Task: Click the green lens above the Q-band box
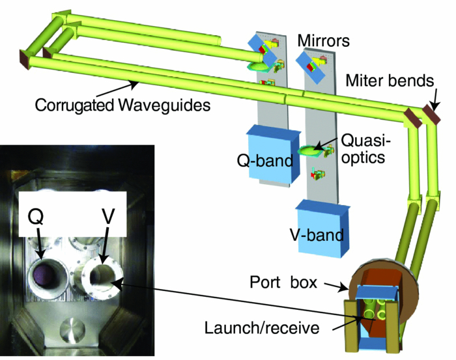pyautogui.click(x=259, y=66)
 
